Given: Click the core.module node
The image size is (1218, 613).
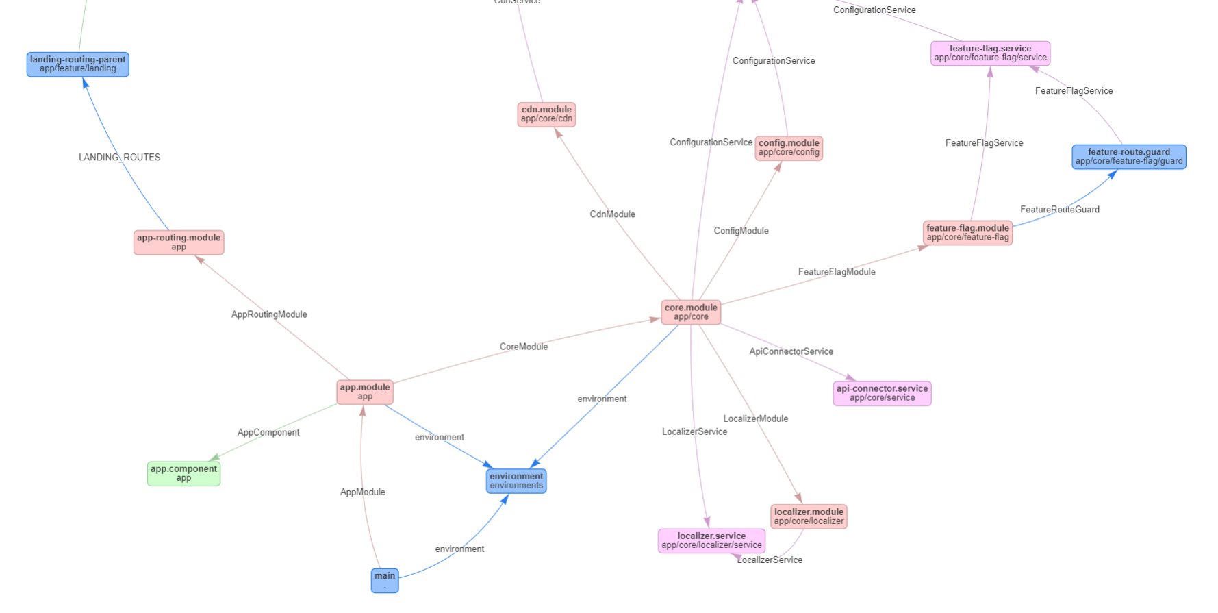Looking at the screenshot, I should pyautogui.click(x=691, y=312).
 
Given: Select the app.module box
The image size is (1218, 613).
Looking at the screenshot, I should pyautogui.click(x=365, y=392).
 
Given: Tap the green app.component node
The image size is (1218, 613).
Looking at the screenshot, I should pyautogui.click(x=183, y=473).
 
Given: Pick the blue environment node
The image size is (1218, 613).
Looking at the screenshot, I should pyautogui.click(x=516, y=481).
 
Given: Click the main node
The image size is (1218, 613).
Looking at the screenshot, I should pyautogui.click(x=385, y=580).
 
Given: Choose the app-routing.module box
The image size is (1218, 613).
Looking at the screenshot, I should pyautogui.click(x=179, y=242).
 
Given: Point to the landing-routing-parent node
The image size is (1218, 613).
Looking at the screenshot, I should pyautogui.click(x=78, y=64).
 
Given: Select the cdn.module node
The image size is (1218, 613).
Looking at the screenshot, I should pyautogui.click(x=546, y=114).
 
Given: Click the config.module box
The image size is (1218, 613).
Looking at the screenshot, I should pyautogui.click(x=789, y=148).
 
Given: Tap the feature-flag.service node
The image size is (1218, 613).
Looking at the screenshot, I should pyautogui.click(x=990, y=53).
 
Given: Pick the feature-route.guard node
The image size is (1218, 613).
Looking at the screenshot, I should pyautogui.click(x=1129, y=157).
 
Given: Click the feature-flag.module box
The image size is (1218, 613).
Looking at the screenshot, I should pyautogui.click(x=967, y=233).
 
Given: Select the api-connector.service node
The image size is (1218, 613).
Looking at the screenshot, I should pyautogui.click(x=882, y=393).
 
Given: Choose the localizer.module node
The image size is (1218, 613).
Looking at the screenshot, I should pyautogui.click(x=809, y=516).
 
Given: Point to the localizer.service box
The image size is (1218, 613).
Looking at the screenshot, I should pyautogui.click(x=711, y=540).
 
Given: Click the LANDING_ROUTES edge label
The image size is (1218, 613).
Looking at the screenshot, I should pyautogui.click(x=120, y=158).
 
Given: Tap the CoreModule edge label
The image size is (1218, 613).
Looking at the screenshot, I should pyautogui.click(x=524, y=347).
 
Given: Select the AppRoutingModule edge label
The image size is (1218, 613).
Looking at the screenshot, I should pyautogui.click(x=269, y=314).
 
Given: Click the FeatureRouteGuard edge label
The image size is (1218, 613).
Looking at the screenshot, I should pyautogui.click(x=1060, y=210).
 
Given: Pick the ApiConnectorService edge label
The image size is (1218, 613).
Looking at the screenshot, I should pyautogui.click(x=791, y=351).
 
